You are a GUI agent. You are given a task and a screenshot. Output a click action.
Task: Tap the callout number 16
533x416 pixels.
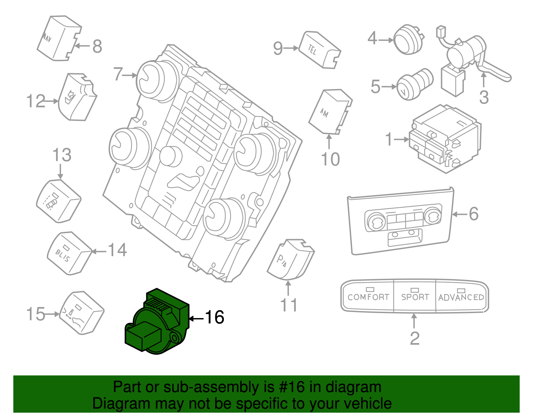pos(214,317)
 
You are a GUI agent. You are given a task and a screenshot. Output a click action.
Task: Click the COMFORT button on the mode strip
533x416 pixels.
pos(368,296)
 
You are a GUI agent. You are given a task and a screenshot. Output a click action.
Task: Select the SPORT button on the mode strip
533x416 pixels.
pos(415,296)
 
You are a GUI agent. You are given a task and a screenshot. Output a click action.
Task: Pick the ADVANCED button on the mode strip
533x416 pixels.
pos(461,297)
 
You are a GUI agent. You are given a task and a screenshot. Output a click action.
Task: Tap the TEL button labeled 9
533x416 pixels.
pos(319,50)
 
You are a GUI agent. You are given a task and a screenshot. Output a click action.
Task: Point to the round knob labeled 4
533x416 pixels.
pos(408,39)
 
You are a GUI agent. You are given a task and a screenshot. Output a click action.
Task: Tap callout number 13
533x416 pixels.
pos(62,155)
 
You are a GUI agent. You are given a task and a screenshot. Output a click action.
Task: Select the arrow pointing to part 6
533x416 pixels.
pos(460,214)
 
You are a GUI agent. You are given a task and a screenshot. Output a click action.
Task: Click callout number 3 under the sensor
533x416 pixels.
pos(484,97)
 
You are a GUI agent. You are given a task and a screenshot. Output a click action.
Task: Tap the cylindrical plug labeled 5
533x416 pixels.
pos(414,85)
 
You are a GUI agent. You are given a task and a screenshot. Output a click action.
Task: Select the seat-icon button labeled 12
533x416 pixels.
pos(77,97)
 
